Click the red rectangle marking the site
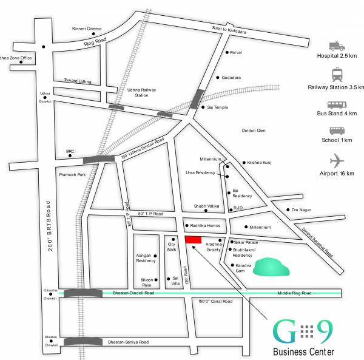tap(193, 240)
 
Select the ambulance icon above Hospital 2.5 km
tap(336, 46)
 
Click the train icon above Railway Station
tap(337, 75)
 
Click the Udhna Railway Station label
tap(141, 92)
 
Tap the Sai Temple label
tap(218, 107)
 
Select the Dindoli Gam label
tap(253, 131)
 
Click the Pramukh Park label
tap(73, 174)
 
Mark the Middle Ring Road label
tap(294, 293)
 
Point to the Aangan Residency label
tap(146, 258)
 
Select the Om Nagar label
tap(302, 209)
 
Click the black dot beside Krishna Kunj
tap(243, 163)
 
